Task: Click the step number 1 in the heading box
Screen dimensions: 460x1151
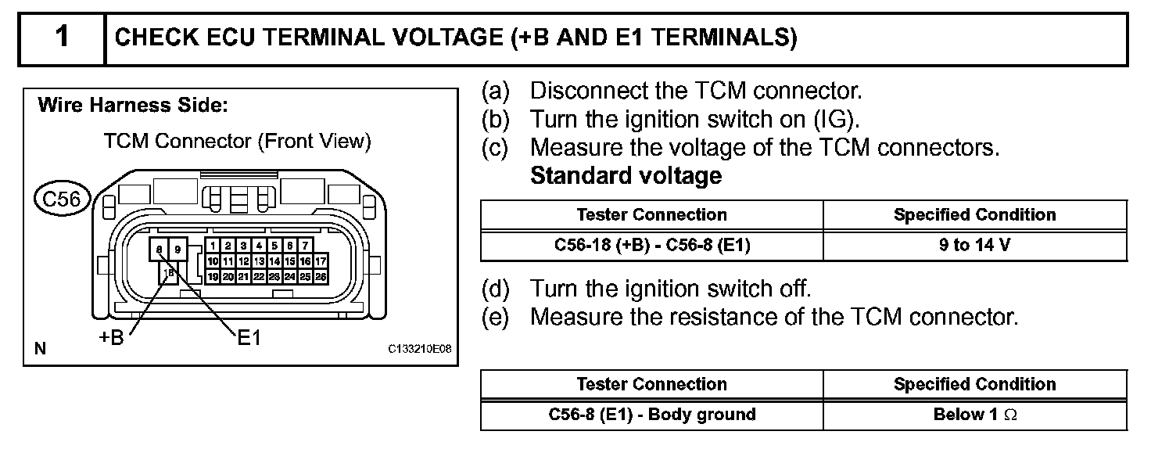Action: click(61, 38)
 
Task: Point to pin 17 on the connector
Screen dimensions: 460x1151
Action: click(321, 261)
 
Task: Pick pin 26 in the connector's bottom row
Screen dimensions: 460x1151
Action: click(321, 276)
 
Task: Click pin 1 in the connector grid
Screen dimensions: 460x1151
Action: click(212, 246)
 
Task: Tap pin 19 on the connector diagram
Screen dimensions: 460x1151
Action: click(212, 276)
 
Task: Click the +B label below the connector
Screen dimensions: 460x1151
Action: click(112, 339)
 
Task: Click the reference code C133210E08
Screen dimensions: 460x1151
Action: click(419, 350)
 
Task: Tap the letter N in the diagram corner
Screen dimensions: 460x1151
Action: click(40, 349)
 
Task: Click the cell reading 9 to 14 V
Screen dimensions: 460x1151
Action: click(974, 245)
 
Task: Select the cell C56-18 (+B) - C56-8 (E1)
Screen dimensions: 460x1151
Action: click(651, 245)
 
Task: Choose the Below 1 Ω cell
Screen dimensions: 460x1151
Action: click(974, 415)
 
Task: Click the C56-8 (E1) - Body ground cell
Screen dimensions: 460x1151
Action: click(651, 415)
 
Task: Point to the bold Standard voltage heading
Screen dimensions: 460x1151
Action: click(626, 176)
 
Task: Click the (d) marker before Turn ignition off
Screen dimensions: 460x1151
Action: click(494, 289)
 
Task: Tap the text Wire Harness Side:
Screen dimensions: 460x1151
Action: click(132, 105)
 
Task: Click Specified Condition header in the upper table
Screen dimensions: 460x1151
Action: click(974, 214)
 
